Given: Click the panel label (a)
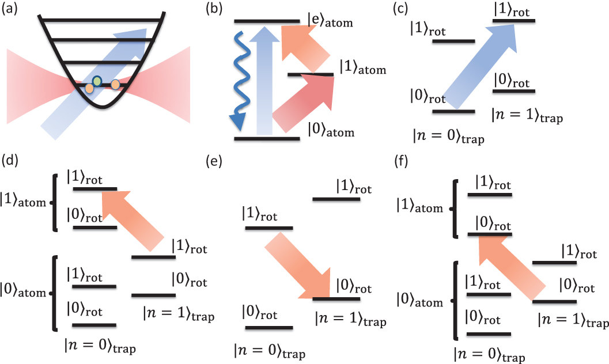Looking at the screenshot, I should point(14,10).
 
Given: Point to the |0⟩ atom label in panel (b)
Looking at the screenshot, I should point(331,132).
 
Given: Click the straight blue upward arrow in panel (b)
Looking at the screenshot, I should point(264,81).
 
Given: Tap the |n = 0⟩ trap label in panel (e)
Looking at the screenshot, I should point(269,350).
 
